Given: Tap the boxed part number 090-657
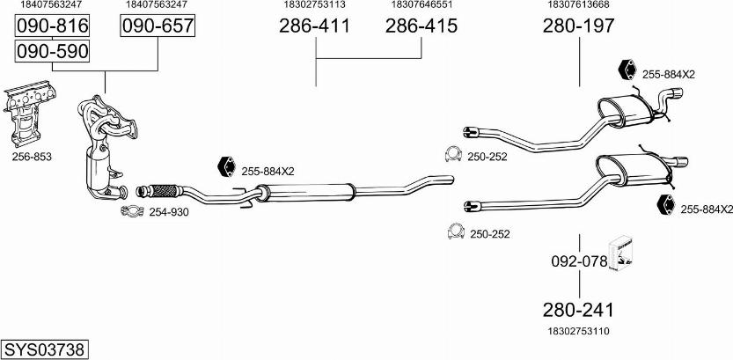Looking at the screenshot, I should pos(157,28).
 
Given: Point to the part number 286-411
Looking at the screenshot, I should pos(314,27).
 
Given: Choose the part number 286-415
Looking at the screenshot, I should pos(421,27).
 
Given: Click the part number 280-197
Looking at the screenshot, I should pos(578,27).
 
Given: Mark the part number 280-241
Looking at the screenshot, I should pos(578,311).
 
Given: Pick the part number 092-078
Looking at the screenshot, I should pos(578,262).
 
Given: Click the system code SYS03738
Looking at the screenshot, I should pos(44,349).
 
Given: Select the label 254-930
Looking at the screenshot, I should pos(168,212).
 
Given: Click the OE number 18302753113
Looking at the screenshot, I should pos(314,5).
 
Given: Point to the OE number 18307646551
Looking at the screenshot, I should pos(421,5).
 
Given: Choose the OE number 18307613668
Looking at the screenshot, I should pos(578,5).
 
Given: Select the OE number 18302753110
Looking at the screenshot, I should pos(578,331).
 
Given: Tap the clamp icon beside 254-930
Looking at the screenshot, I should pos(132,211).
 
